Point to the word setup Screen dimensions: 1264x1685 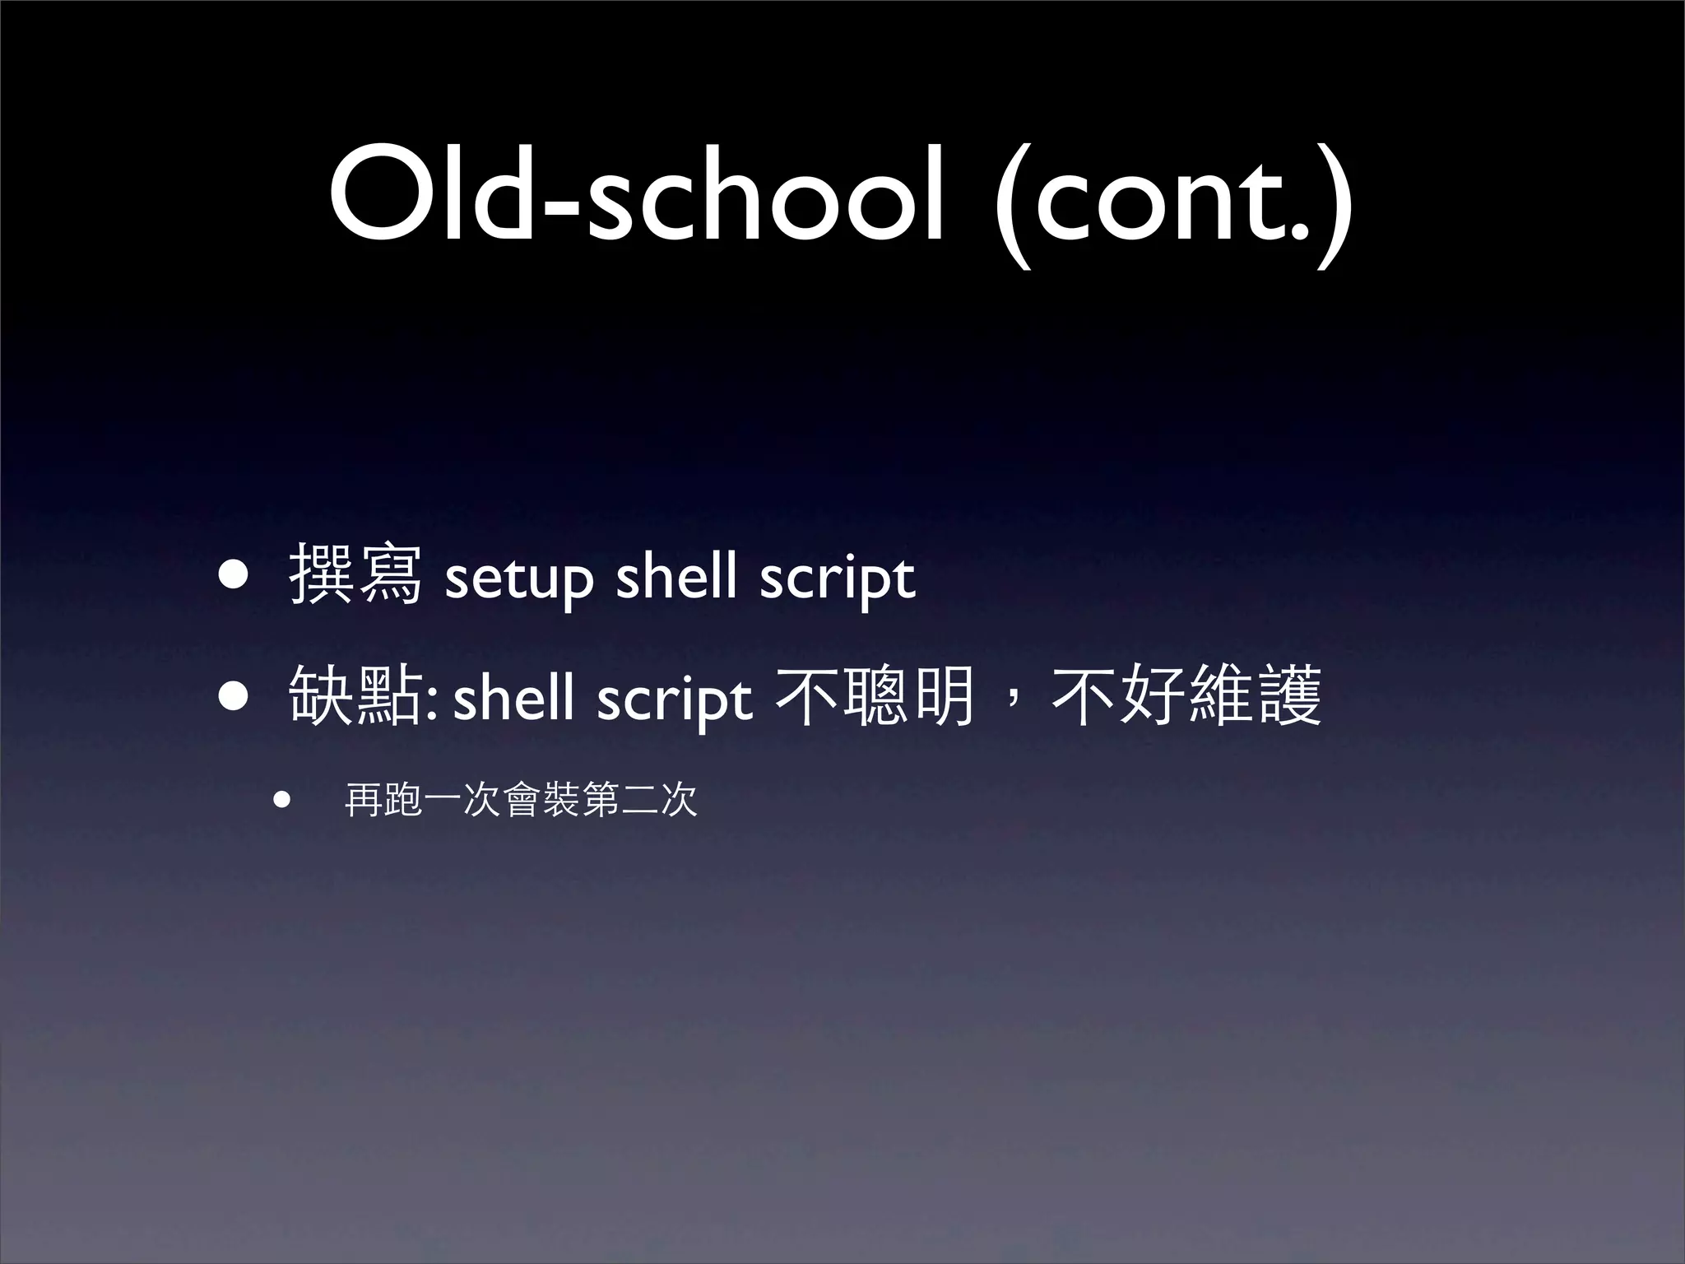(518, 579)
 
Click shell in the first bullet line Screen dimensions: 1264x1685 (676, 575)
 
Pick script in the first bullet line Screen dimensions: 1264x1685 (837, 579)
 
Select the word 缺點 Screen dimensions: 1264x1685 (355, 696)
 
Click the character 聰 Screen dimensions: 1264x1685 (876, 696)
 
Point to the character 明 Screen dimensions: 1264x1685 (945, 696)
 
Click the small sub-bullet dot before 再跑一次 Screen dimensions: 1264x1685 (283, 800)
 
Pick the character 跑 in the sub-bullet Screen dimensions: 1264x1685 (403, 800)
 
